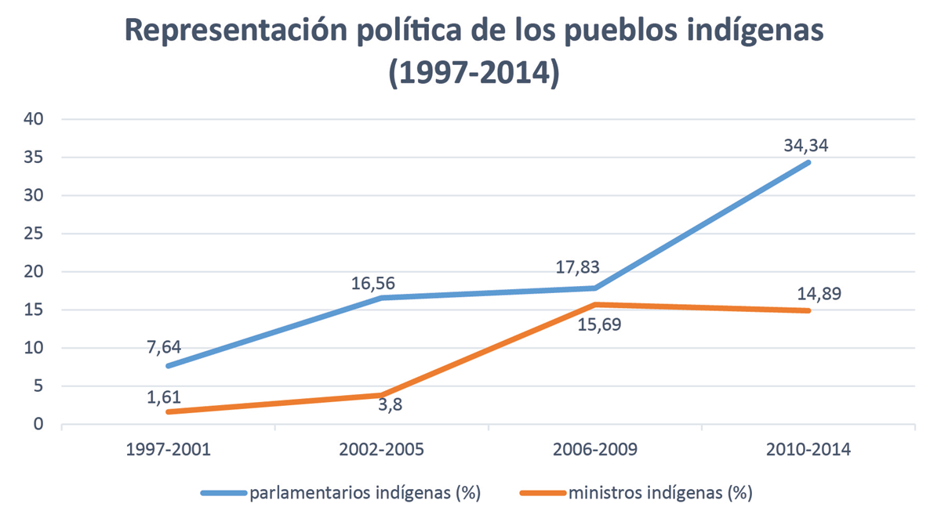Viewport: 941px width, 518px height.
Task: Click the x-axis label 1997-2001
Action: click(168, 451)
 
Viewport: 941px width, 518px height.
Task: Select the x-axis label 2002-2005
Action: click(381, 451)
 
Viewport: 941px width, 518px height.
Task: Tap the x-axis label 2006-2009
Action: click(594, 451)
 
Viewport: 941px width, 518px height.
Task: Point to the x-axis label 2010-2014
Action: click(808, 451)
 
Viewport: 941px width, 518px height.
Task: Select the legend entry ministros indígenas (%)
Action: click(659, 493)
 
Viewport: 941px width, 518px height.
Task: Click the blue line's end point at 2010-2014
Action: click(808, 162)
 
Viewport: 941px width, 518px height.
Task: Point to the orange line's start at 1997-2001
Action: click(168, 412)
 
